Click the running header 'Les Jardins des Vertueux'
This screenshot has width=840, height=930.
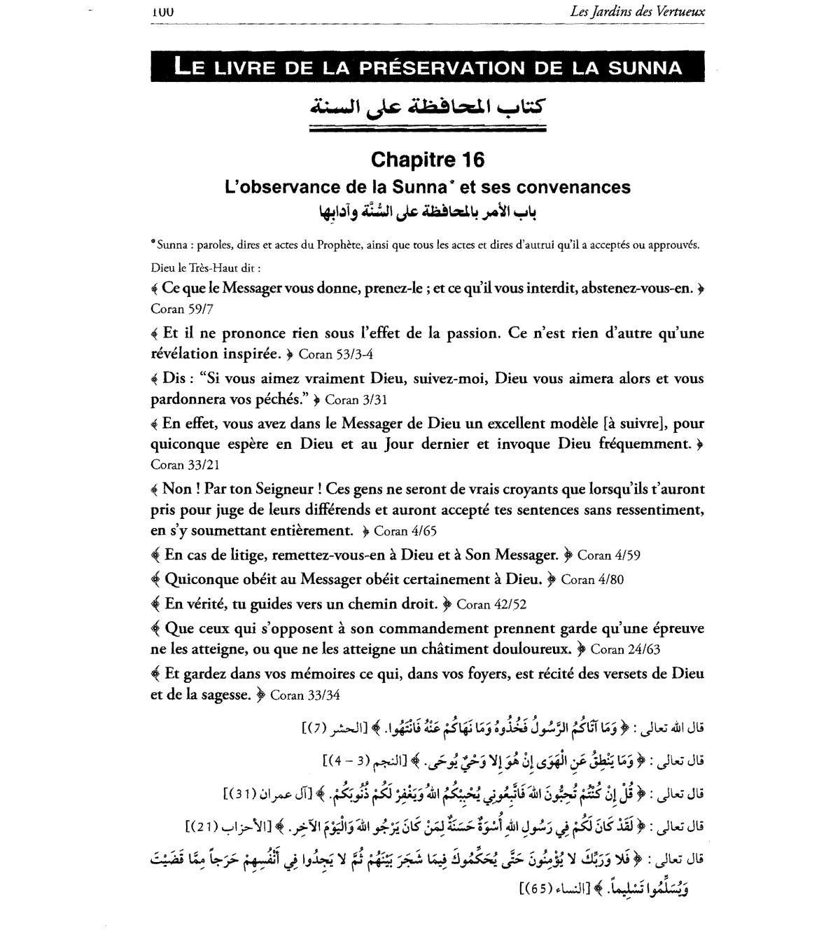647,11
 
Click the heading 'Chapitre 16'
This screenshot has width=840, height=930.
427,160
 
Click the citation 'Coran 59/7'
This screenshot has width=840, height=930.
177,309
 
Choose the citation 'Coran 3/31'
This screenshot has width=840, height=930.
356,400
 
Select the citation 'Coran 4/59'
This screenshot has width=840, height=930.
608,555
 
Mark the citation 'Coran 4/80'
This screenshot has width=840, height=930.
592,580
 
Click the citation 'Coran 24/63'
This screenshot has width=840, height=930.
625,649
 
